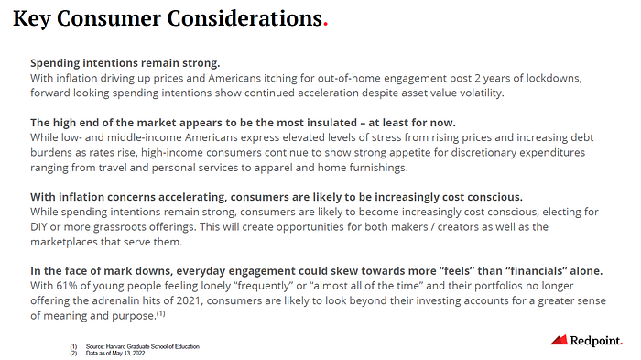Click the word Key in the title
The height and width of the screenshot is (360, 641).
click(31, 19)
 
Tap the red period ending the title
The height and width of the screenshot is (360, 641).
click(325, 25)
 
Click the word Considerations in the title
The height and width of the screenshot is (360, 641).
click(244, 18)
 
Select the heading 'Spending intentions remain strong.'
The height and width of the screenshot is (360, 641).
click(125, 63)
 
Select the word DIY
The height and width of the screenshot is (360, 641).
click(38, 226)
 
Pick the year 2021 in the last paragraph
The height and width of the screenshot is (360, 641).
click(188, 300)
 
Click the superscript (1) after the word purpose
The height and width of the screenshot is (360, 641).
click(161, 314)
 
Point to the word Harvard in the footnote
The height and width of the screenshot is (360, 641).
click(114, 346)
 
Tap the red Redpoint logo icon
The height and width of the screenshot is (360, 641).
click(559, 340)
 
